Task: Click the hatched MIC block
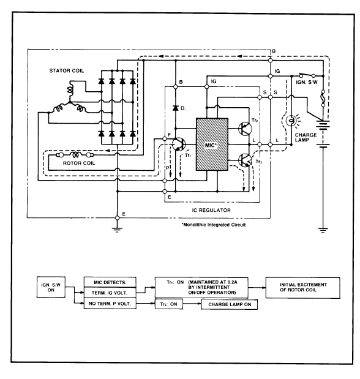click(212, 144)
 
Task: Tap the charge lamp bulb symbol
click(291, 121)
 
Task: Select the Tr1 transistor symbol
click(179, 144)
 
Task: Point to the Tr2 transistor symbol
click(245, 129)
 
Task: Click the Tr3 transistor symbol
click(245, 160)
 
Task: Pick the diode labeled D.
click(176, 108)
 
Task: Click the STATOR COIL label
click(67, 71)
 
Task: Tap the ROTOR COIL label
click(79, 163)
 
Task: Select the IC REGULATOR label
click(211, 210)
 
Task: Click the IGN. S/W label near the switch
click(307, 82)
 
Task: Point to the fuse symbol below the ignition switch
click(323, 98)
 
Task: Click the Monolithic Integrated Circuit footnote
click(214, 225)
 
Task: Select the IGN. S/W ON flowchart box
click(51, 287)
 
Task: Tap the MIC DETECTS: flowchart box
click(110, 282)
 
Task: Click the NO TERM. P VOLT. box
click(110, 303)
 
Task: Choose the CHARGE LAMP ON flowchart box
click(229, 304)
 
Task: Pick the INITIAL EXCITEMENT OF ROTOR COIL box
click(303, 288)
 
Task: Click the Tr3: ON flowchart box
click(169, 304)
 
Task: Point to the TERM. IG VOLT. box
click(110, 293)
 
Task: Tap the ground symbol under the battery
click(323, 230)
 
